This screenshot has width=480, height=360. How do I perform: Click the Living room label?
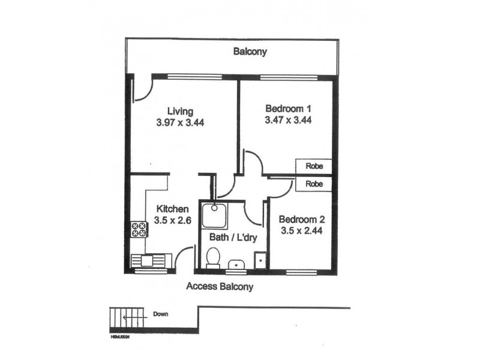[180, 111]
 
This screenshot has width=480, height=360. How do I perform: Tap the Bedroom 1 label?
[288, 109]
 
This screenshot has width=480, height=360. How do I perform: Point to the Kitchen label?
[173, 209]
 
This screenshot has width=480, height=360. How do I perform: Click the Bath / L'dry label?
[233, 238]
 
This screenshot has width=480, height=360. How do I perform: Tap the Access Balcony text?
[220, 286]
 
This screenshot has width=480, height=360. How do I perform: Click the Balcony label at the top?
[250, 52]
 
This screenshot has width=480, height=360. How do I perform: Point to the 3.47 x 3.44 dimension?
[288, 119]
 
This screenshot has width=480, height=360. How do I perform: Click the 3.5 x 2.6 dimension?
[173, 220]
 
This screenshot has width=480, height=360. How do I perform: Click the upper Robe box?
[314, 166]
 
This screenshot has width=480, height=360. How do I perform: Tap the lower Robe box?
[314, 184]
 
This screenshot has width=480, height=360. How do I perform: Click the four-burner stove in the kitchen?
[139, 229]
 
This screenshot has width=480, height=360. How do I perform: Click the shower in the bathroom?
[212, 213]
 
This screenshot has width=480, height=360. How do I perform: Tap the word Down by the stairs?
[160, 314]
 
